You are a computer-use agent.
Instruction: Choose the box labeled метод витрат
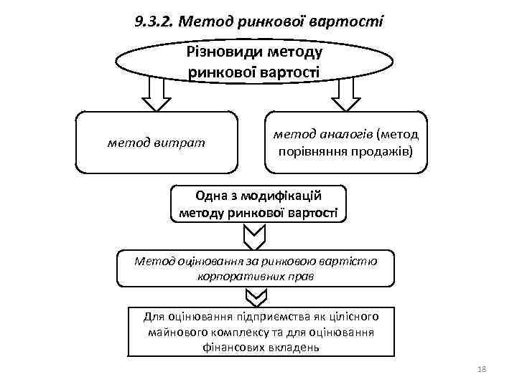(x=156, y=143)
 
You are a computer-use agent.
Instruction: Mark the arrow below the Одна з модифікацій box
(x=256, y=234)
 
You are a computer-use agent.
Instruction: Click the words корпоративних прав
(x=255, y=275)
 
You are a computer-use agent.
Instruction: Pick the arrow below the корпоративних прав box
(x=256, y=296)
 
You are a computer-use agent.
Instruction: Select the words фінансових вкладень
(x=261, y=347)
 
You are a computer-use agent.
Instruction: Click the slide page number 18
(x=481, y=368)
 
